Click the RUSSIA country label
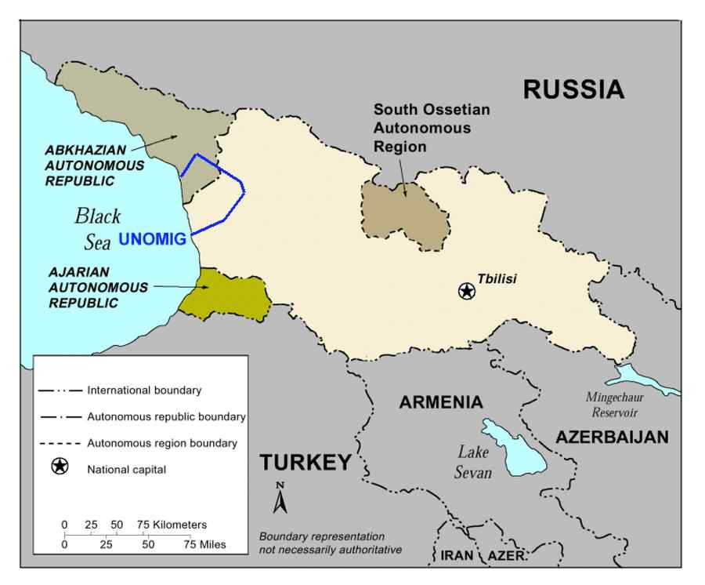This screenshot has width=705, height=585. click(x=573, y=89)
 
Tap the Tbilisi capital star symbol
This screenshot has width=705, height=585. click(x=467, y=292)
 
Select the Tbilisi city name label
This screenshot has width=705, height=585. click(x=497, y=278)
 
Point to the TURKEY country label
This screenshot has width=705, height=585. click(x=305, y=463)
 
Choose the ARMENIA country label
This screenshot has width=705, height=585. click(x=441, y=403)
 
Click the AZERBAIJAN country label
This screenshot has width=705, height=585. click(x=613, y=438)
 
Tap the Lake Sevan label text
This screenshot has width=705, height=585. click(x=474, y=463)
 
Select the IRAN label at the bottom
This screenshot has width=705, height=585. click(x=457, y=555)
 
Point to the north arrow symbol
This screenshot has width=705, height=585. click(x=280, y=498)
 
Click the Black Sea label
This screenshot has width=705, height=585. click(x=98, y=228)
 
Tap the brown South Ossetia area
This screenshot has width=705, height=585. click(x=407, y=215)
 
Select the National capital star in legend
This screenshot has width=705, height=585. click(x=60, y=469)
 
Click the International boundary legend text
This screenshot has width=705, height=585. click(x=144, y=390)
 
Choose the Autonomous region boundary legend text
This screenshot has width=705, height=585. click(x=162, y=443)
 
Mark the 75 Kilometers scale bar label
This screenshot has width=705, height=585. click(x=172, y=525)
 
